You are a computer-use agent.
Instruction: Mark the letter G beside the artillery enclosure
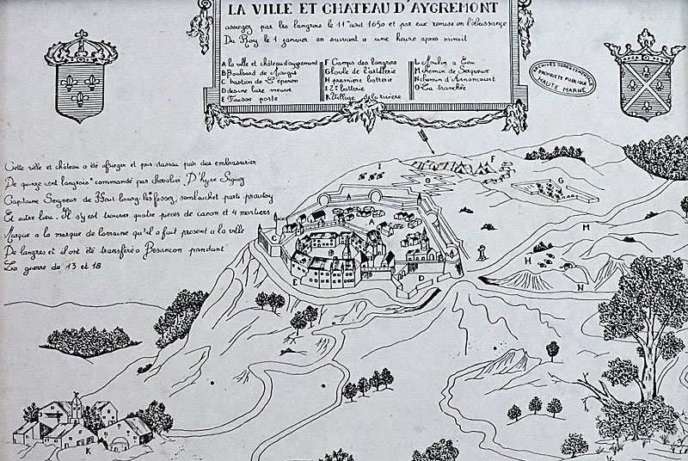click(559, 180)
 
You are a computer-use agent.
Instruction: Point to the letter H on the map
click(526, 260)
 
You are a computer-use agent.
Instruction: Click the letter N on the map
click(580, 286)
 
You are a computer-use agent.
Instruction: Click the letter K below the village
click(88, 449)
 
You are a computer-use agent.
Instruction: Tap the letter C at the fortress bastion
click(273, 237)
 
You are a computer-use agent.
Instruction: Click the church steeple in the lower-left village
click(76, 401)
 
